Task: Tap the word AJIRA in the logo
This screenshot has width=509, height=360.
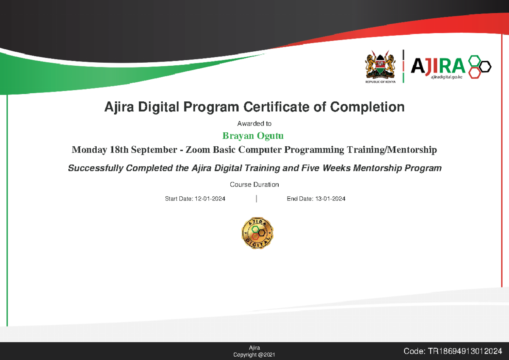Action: (x=438, y=65)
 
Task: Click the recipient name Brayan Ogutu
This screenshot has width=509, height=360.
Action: (x=253, y=136)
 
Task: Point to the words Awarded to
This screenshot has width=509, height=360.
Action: (x=254, y=124)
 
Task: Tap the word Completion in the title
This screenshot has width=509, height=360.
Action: (x=367, y=107)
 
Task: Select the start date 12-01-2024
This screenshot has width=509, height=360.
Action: (x=210, y=199)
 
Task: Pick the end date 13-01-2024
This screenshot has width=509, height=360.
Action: (x=330, y=199)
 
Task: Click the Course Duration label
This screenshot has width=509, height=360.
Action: (x=254, y=184)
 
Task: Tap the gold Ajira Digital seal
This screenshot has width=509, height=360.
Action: (x=257, y=233)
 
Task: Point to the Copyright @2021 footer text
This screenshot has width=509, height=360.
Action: (x=254, y=354)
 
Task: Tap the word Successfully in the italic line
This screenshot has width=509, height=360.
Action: (x=94, y=168)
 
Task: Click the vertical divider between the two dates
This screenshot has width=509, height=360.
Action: (x=257, y=199)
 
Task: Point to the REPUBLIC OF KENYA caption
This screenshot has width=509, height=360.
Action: (x=380, y=82)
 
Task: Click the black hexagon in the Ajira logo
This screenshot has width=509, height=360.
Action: (x=484, y=67)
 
